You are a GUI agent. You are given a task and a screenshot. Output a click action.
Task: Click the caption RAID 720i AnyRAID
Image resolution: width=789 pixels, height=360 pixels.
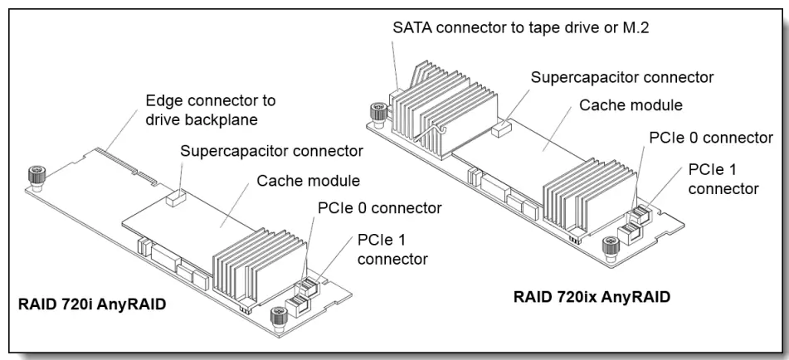[x=91, y=304]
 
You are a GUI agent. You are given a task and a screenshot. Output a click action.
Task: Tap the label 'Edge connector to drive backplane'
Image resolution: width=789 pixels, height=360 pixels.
[x=211, y=110]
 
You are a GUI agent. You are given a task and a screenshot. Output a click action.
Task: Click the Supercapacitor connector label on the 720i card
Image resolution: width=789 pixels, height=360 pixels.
[x=272, y=151]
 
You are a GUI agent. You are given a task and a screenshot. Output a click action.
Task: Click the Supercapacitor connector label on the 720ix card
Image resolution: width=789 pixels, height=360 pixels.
[x=622, y=77]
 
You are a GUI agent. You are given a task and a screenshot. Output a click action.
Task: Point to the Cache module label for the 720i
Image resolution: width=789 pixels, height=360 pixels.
[x=309, y=179]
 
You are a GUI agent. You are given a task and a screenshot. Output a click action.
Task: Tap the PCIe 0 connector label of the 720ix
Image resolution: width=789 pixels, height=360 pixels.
[x=713, y=137]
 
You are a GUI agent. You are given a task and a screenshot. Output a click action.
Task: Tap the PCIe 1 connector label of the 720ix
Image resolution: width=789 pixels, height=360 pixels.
[x=723, y=178]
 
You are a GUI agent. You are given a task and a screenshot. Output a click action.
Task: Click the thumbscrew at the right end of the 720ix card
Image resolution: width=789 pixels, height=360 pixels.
[x=610, y=245]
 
